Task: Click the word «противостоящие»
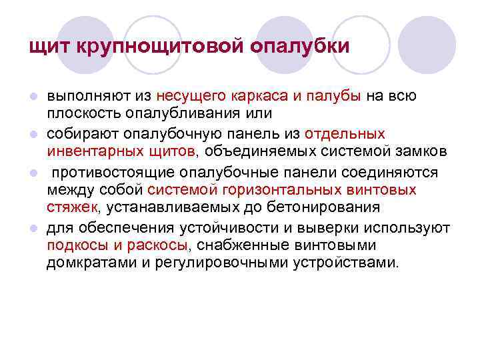coord(109,172)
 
